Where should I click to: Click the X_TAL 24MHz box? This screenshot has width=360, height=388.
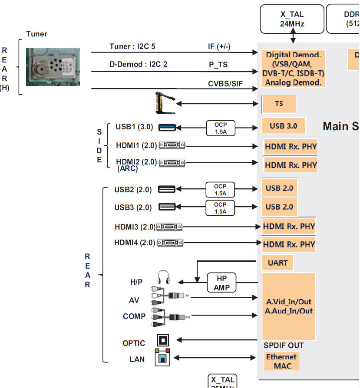click(x=292, y=19)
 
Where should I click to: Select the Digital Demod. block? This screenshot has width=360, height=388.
click(x=293, y=68)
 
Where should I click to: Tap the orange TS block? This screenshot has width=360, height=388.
click(x=279, y=104)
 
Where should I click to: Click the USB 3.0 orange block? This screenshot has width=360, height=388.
click(x=283, y=126)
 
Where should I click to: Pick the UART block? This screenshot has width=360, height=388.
click(x=277, y=263)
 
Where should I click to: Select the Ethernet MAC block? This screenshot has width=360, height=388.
click(x=281, y=361)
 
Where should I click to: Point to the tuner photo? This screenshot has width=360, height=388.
click(x=53, y=66)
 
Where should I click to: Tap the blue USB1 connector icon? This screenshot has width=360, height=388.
click(x=167, y=127)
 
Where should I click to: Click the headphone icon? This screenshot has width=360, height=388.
click(x=163, y=277)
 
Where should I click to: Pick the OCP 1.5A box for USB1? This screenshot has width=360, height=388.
click(x=220, y=128)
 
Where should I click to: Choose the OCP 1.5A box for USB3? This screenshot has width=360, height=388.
click(x=220, y=207)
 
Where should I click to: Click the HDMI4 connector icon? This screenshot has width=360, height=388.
click(x=169, y=243)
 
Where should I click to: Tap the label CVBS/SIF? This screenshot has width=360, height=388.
click(x=225, y=84)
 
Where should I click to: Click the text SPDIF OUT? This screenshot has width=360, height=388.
click(x=284, y=345)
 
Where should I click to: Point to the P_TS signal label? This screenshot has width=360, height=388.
click(x=218, y=65)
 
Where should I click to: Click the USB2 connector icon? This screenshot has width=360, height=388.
click(x=167, y=189)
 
